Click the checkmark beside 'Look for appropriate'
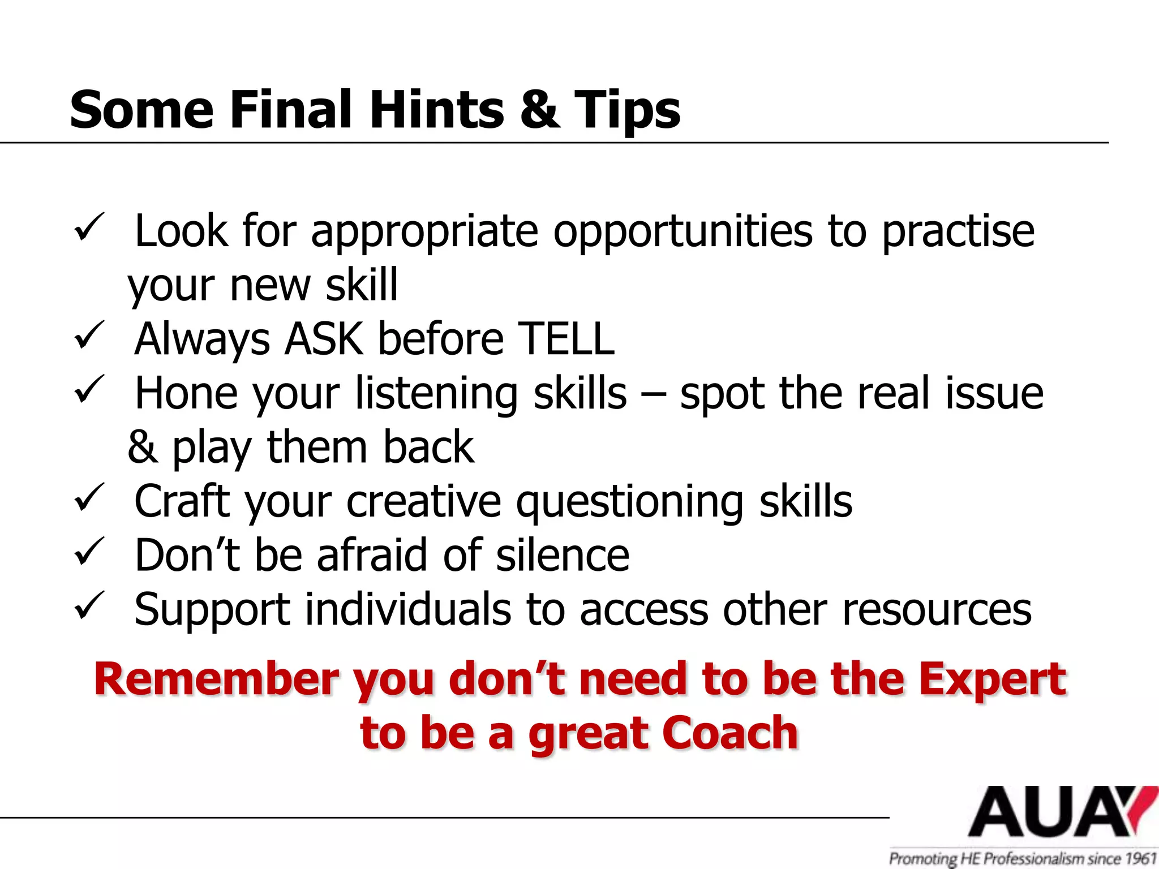coord(89,227)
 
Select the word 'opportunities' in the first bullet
coord(682,232)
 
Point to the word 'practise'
coord(958,232)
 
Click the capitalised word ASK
coord(324,339)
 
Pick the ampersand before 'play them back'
coord(142,447)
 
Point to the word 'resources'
coord(937,610)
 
